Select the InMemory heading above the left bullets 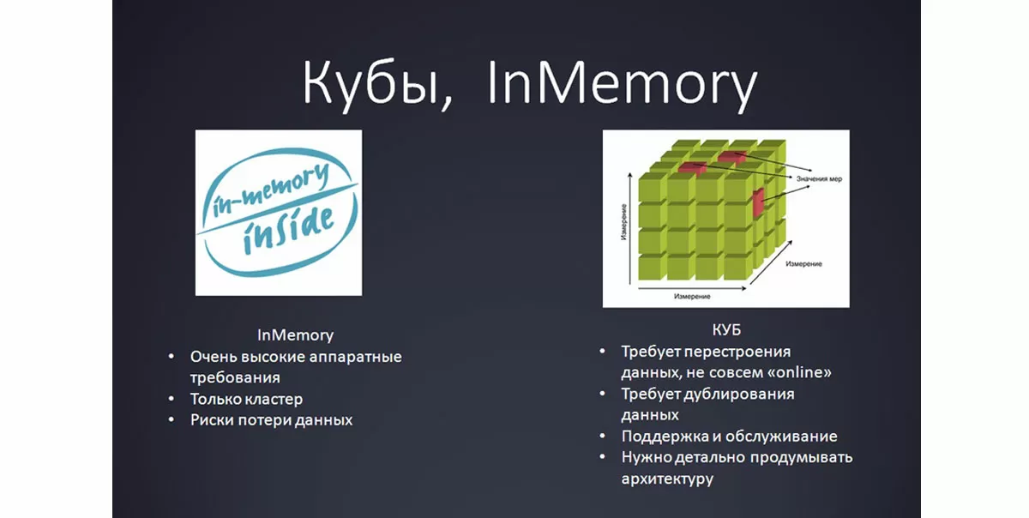[x=295, y=334]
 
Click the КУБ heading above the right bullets [x=725, y=330]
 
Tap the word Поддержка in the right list [x=661, y=436]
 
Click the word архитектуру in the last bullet [x=667, y=479]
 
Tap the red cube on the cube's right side [x=758, y=202]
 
